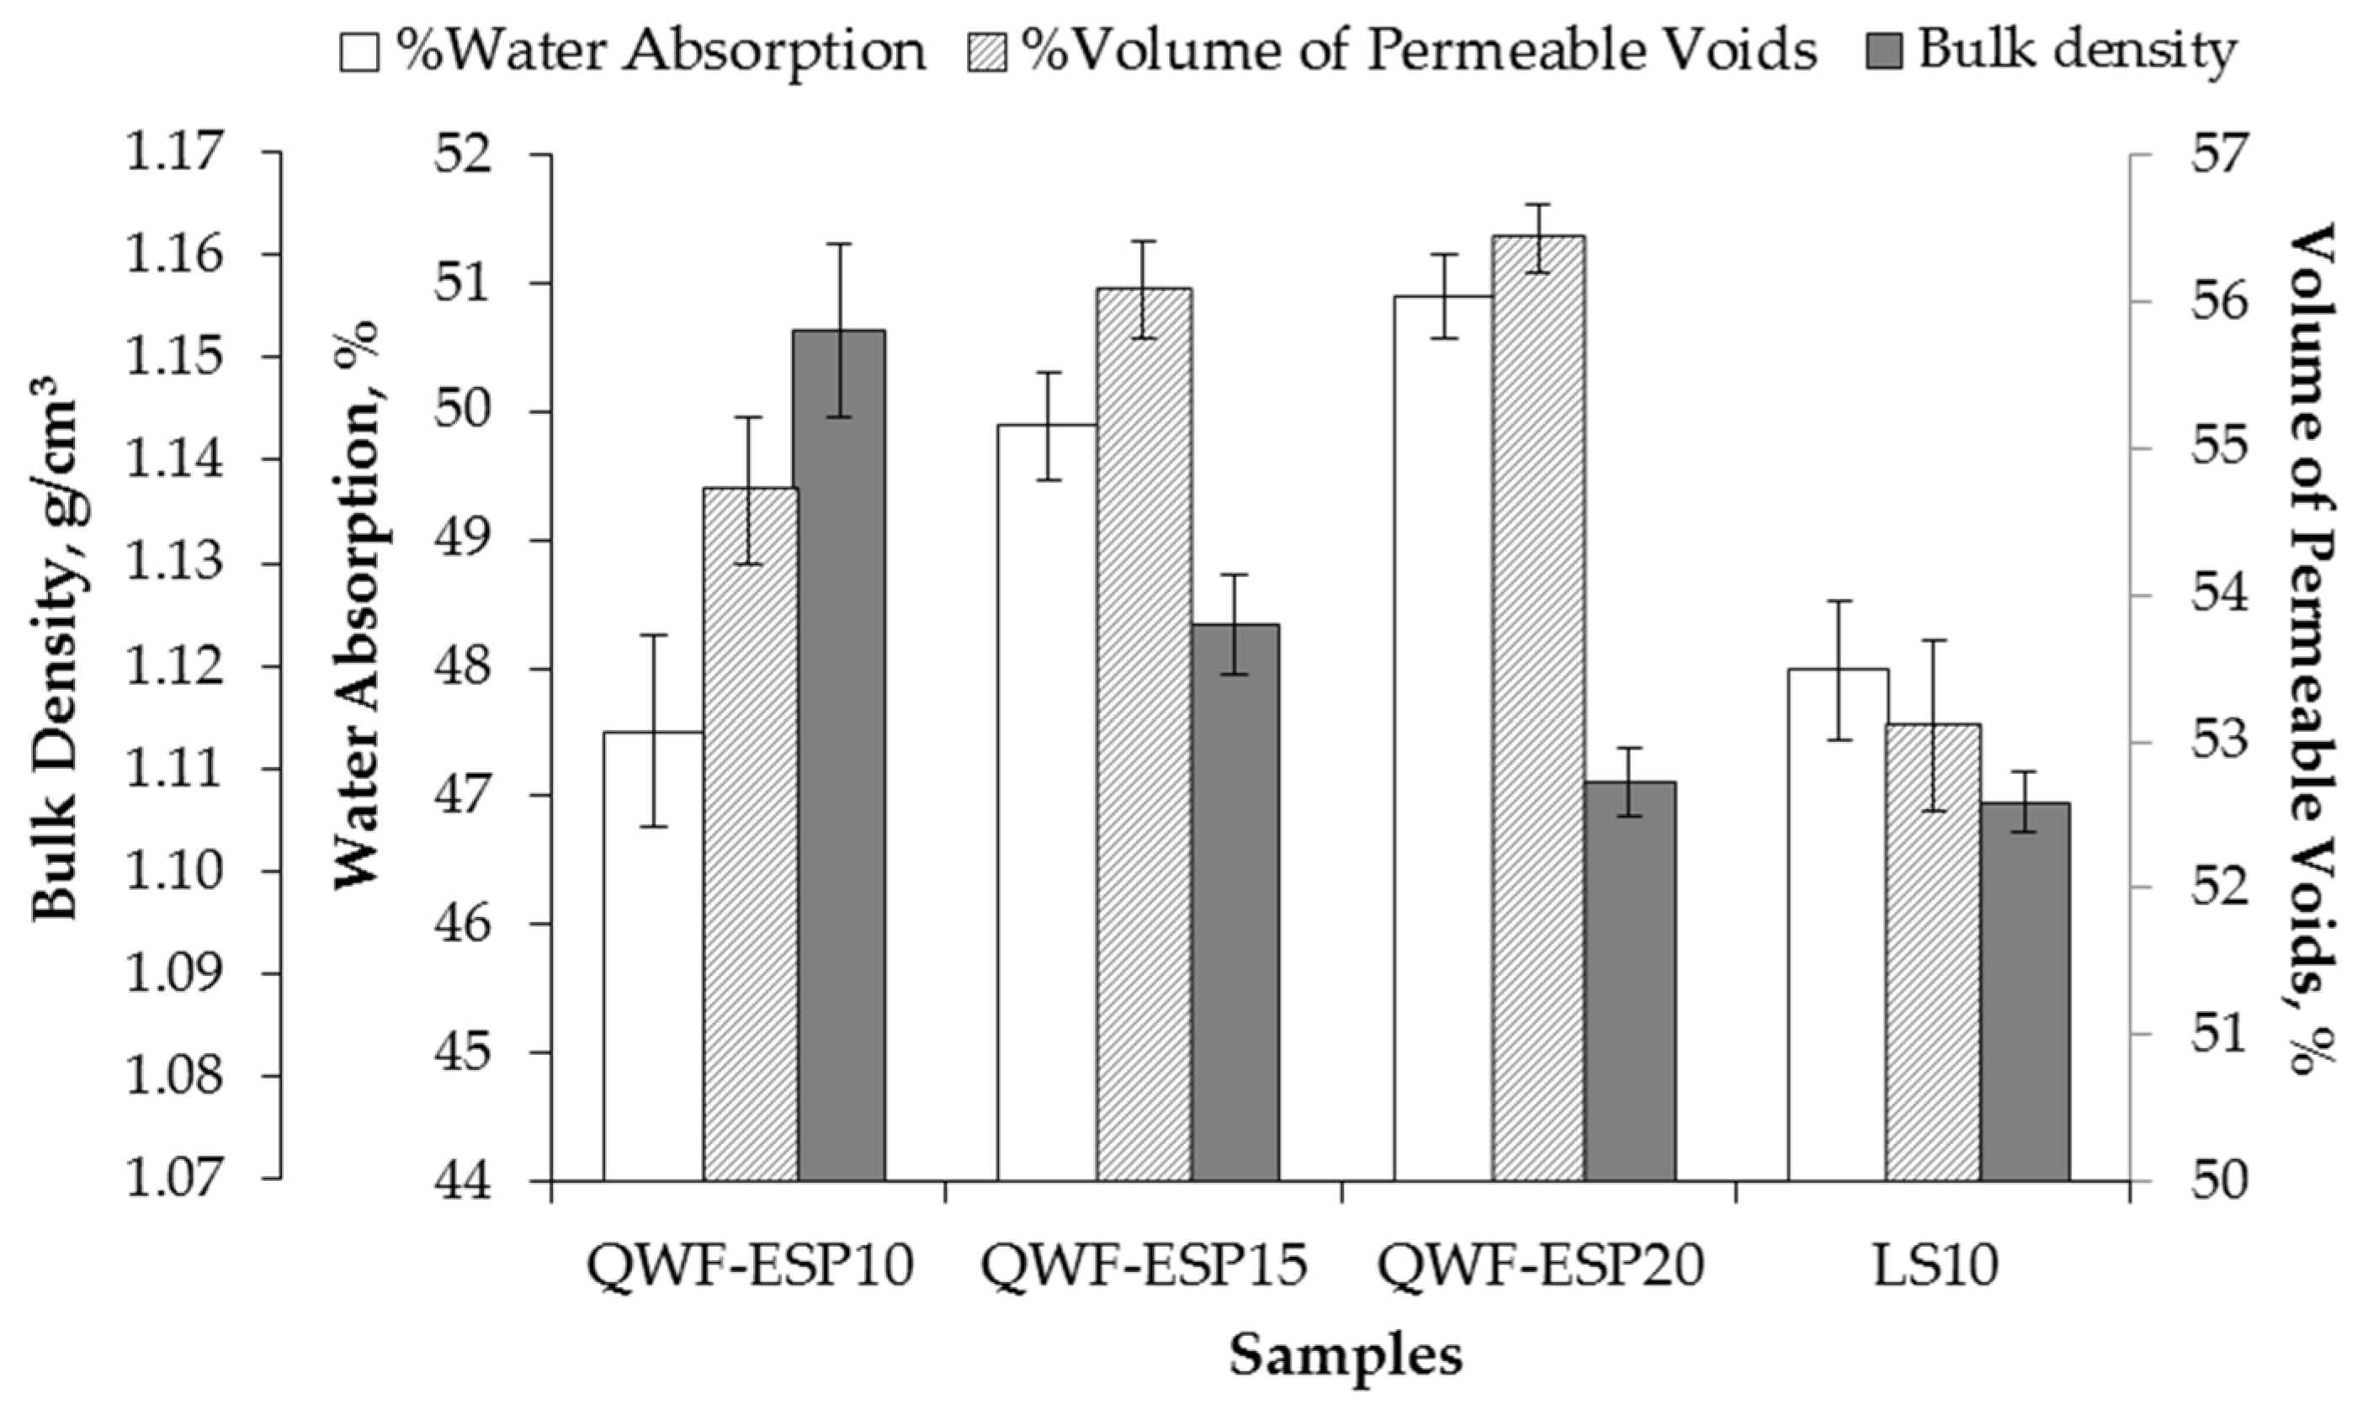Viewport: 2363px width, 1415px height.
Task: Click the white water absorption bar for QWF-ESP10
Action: pyautogui.click(x=653, y=953)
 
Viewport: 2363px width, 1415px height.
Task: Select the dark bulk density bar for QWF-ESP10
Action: pyautogui.click(x=841, y=753)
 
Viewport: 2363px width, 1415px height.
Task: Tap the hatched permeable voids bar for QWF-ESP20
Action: pyautogui.click(x=1538, y=706)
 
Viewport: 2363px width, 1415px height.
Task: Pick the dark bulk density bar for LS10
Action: pyautogui.click(x=2026, y=992)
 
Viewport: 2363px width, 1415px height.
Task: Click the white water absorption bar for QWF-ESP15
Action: pyautogui.click(x=1047, y=801)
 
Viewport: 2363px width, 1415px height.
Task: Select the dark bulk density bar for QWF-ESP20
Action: pyautogui.click(x=1631, y=982)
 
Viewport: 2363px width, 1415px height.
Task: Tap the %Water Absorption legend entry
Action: pyautogui.click(x=635, y=50)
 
